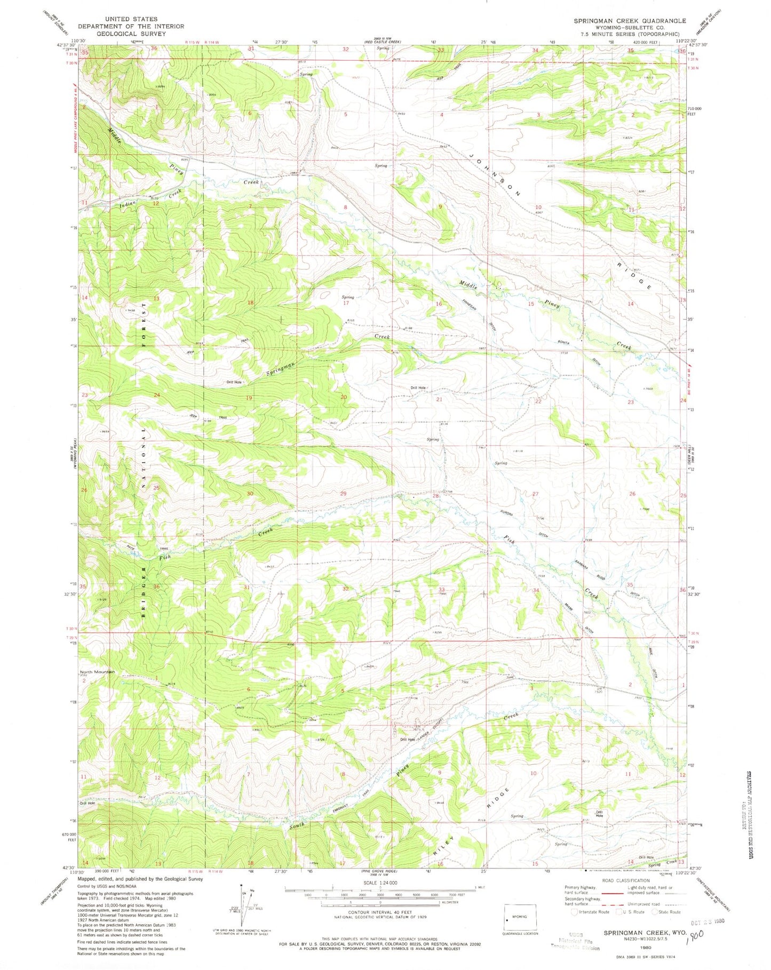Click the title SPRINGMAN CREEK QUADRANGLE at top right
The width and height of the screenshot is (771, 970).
click(x=630, y=21)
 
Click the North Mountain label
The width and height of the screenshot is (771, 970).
click(x=97, y=672)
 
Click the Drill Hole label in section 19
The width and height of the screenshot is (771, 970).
click(x=234, y=382)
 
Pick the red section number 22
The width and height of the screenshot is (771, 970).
click(x=538, y=401)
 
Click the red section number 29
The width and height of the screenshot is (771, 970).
click(x=343, y=494)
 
